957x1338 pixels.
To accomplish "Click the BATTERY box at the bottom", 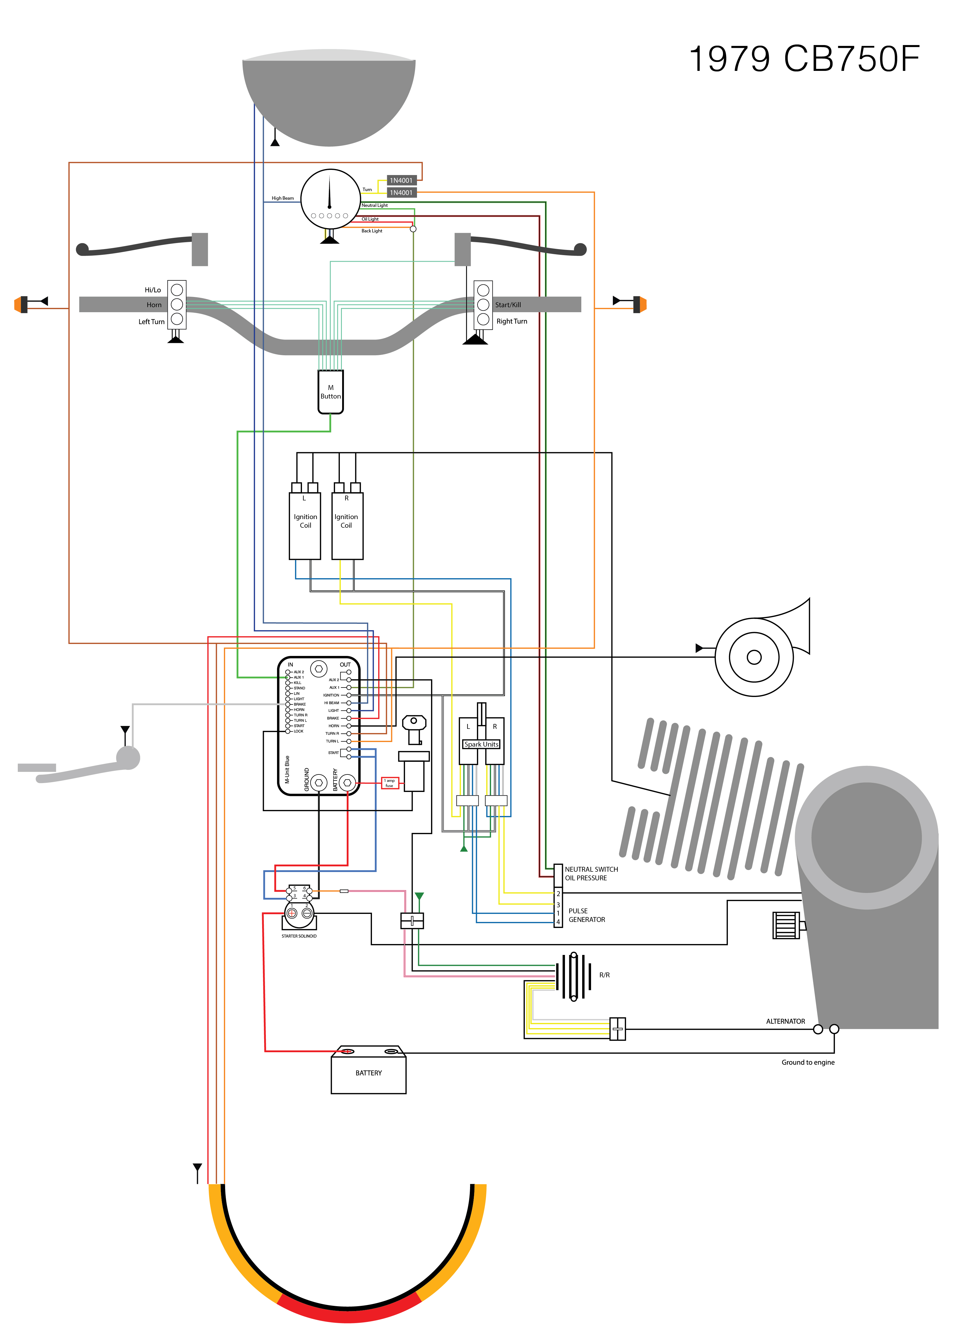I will pyautogui.click(x=368, y=1073).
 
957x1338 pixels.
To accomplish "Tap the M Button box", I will pyautogui.click(x=331, y=392).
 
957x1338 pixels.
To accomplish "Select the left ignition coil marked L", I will pyautogui.click(x=305, y=525).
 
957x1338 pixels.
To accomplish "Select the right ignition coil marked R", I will pyautogui.click(x=347, y=525).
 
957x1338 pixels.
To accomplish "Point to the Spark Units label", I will pyautogui.click(x=482, y=744).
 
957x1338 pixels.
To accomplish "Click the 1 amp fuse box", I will pyautogui.click(x=389, y=783).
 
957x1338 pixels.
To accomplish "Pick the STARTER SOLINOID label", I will pyautogui.click(x=299, y=936).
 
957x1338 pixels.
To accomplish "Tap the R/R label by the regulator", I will pyautogui.click(x=605, y=975).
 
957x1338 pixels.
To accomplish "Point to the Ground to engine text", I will pyautogui.click(x=808, y=1062).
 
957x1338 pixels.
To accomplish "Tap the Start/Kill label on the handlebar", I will pyautogui.click(x=508, y=305).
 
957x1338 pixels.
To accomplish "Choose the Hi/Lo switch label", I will pyautogui.click(x=153, y=290).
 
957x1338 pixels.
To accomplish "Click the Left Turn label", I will pyautogui.click(x=151, y=322).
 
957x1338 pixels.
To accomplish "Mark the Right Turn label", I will pyautogui.click(x=512, y=321).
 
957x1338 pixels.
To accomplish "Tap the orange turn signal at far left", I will pyautogui.click(x=21, y=304).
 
